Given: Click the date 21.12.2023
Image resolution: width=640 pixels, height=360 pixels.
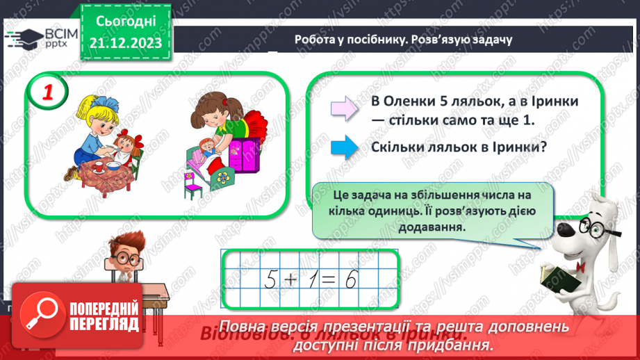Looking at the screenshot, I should pyautogui.click(x=125, y=43).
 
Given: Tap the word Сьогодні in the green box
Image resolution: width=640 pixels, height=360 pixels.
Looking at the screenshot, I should pyautogui.click(x=125, y=22).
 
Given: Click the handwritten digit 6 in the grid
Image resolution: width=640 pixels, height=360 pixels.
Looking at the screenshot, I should pyautogui.click(x=351, y=279).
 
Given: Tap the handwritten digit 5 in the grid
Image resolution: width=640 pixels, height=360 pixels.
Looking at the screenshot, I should pyautogui.click(x=272, y=279).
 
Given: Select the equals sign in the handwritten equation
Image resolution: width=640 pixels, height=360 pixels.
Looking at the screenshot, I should pyautogui.click(x=331, y=279).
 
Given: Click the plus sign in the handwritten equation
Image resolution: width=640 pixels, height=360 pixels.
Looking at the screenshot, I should pyautogui.click(x=292, y=279).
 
